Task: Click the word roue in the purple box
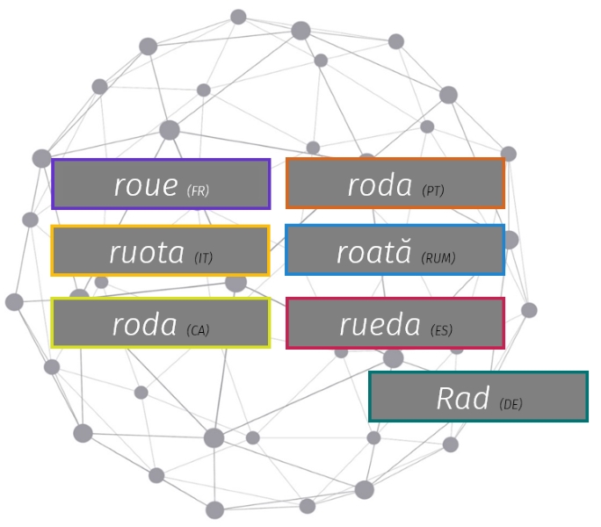pyautogui.click(x=146, y=185)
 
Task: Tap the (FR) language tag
pyautogui.click(x=198, y=190)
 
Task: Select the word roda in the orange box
pyautogui.click(x=380, y=185)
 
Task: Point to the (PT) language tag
pyautogui.click(x=433, y=190)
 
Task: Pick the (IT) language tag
pyautogui.click(x=203, y=257)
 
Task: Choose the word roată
pyautogui.click(x=373, y=252)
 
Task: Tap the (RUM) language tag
pyautogui.click(x=438, y=257)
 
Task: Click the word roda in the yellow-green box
pyautogui.click(x=145, y=325)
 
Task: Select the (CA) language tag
pyautogui.click(x=198, y=329)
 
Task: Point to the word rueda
pyautogui.click(x=380, y=325)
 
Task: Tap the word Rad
pyautogui.click(x=463, y=399)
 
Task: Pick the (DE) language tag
pyautogui.click(x=510, y=404)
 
